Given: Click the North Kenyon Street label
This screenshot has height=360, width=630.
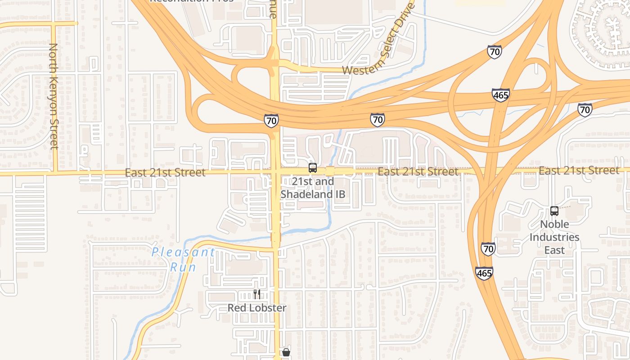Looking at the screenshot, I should [x=54, y=96].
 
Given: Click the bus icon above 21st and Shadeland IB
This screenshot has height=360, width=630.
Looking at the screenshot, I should [x=313, y=168].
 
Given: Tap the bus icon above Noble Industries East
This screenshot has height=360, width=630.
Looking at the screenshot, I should [x=554, y=211].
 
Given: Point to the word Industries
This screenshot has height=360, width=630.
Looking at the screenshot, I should [x=554, y=237].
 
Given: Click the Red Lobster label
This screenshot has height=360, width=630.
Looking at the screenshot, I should [x=257, y=308].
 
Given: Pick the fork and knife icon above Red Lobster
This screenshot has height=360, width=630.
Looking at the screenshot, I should [x=257, y=294].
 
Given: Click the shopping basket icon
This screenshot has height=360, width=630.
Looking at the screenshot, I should [x=286, y=352].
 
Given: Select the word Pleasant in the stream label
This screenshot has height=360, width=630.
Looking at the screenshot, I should [x=183, y=252].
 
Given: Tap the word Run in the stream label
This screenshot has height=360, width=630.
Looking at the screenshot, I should [x=183, y=267].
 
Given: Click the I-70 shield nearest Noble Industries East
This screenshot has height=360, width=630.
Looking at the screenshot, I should [x=488, y=248].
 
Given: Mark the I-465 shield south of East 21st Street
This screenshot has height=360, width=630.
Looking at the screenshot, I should [x=484, y=272].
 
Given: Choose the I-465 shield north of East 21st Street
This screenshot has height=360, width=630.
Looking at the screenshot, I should [x=501, y=95].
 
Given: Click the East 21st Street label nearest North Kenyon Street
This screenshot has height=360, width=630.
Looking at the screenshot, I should [x=165, y=172].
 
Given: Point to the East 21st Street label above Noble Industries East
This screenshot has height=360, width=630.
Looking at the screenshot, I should [x=579, y=170].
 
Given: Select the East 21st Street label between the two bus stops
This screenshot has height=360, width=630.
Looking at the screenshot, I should [x=418, y=171].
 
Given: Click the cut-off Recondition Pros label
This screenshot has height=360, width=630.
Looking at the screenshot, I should [x=191, y=1].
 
